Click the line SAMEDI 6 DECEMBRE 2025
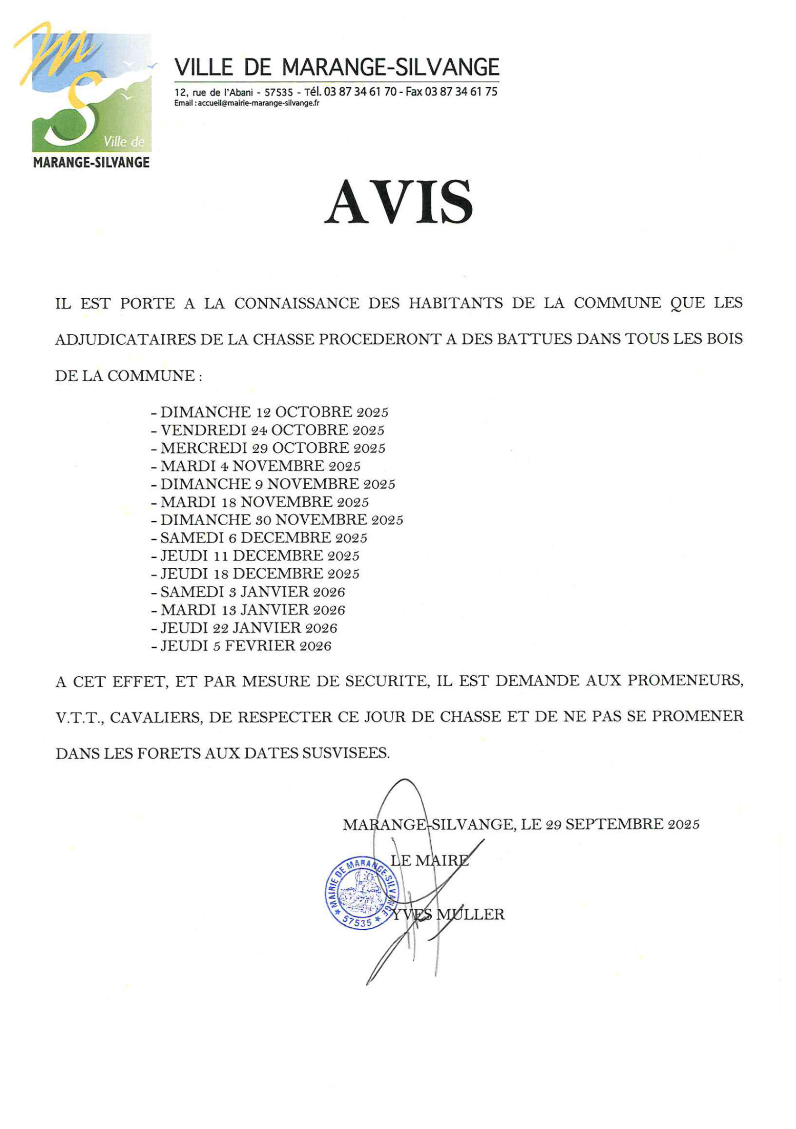264,537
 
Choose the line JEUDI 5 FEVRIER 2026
246,646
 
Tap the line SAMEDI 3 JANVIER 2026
252,592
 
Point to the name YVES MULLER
448,915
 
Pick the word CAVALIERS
156,718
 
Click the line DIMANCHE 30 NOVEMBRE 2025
282,520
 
